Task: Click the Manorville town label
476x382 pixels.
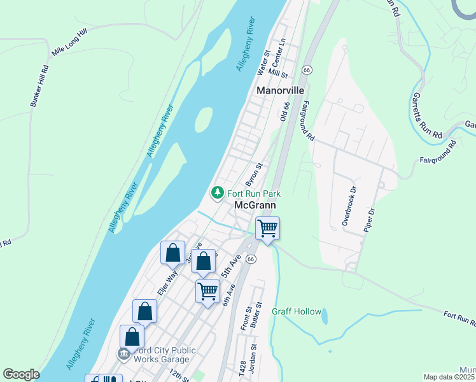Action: coord(281,90)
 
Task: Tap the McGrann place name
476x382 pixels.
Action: coord(255,205)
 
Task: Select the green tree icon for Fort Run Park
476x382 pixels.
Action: coord(217,192)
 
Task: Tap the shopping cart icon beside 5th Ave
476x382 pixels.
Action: coord(208,291)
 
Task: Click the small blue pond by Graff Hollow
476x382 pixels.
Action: coord(325,316)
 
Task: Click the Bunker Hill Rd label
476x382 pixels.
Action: coord(37,86)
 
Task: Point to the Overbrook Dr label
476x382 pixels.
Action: coord(347,206)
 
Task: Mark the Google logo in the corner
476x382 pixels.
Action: coord(21,374)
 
